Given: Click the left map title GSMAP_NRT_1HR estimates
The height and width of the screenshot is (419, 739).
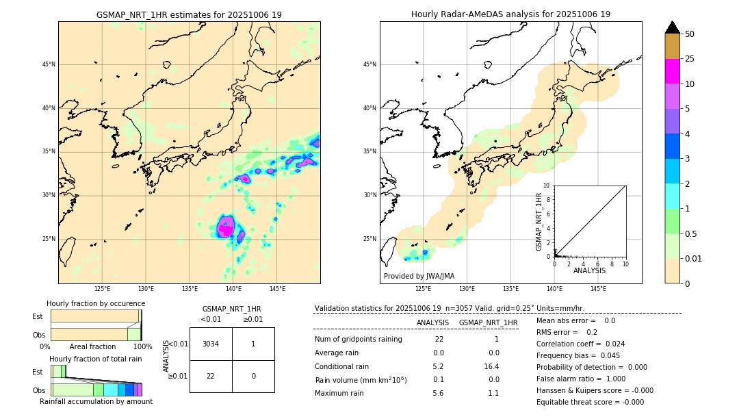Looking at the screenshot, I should coord(189,14).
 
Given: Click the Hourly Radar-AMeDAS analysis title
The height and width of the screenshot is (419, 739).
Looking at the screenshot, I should coord(510,14).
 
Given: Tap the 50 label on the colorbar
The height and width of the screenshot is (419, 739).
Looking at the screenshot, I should coord(690,34).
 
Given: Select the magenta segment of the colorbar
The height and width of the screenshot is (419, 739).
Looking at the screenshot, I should coord(672,71).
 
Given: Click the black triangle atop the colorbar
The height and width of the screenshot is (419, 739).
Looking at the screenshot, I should coord(672,27).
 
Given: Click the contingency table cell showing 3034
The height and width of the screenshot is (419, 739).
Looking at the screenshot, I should coord(211,344).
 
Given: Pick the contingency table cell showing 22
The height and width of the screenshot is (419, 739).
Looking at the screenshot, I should coord(211,376).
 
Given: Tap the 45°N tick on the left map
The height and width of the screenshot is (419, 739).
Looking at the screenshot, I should coord(49,64).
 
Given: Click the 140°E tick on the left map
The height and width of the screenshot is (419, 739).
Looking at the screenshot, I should coord(233,289).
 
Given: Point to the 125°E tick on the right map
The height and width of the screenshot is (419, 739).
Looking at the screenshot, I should coord(424,289).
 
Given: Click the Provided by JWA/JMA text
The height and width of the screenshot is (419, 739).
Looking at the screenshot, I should coord(419,276).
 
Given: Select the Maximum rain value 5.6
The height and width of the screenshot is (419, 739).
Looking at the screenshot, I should coord(438,393).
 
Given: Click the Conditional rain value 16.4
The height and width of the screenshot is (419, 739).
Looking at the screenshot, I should coord(493,366).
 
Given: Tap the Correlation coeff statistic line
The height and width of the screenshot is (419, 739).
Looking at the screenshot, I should coord(580,344).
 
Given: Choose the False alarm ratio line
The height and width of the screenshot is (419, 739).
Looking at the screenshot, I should coord(581,379).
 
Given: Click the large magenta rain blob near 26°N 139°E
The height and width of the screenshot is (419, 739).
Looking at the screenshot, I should coord(225,227).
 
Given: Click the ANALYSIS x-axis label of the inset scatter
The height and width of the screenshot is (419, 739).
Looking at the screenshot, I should coord(589,270).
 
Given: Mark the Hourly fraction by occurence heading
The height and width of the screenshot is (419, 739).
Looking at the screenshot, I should coord(96,303).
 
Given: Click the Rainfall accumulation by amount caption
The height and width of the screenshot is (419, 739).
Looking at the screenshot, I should coord(96,401).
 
